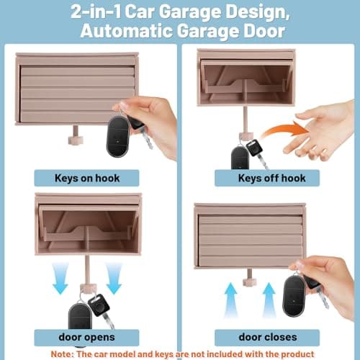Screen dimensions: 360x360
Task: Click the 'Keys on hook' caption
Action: (87, 177)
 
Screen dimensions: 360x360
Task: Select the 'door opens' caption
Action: (87, 336)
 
